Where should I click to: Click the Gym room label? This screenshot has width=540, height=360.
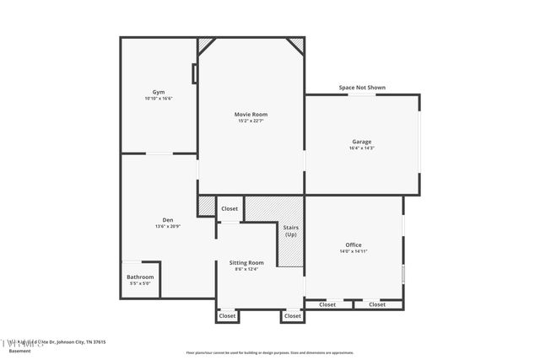click(x=158, y=91)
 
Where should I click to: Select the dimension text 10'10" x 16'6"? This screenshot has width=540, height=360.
click(x=158, y=99)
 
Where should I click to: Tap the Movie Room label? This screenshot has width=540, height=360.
click(x=251, y=114)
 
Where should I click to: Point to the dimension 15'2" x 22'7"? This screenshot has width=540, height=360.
click(x=251, y=121)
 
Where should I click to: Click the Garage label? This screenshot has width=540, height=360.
click(x=361, y=141)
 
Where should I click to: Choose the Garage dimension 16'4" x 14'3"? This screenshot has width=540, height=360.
click(x=361, y=148)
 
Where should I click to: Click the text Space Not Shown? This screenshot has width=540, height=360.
click(x=362, y=87)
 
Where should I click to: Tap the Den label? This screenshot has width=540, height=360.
click(x=168, y=219)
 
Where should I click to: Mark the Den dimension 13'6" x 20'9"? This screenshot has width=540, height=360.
click(x=168, y=227)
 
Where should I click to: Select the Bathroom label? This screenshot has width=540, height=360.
click(x=140, y=277)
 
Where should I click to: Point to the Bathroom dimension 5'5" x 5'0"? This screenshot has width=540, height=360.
click(x=140, y=284)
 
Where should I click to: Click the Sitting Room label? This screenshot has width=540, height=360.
click(x=246, y=262)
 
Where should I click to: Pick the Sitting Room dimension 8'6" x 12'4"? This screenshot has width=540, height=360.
click(x=246, y=270)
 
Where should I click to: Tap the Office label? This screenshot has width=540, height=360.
click(x=353, y=244)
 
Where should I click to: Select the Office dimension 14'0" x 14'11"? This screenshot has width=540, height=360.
click(x=353, y=252)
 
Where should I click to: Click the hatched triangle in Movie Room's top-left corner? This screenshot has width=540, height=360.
click(x=205, y=43)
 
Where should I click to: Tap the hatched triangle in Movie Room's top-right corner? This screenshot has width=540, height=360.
click(x=296, y=43)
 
